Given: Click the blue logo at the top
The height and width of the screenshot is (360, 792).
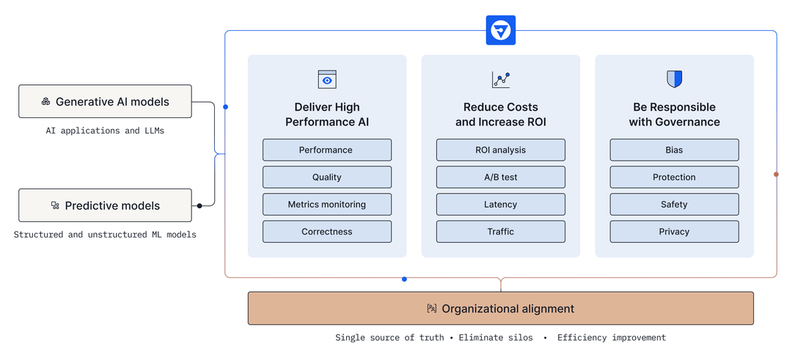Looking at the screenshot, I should [x=500, y=31].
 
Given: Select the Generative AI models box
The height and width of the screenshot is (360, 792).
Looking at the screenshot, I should [x=105, y=101].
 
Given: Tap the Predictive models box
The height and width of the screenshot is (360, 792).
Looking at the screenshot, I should [x=105, y=205].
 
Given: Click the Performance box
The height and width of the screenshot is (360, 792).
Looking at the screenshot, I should [x=326, y=150].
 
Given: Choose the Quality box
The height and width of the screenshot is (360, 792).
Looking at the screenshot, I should [x=326, y=177].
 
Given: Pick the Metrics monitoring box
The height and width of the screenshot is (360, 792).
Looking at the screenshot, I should [x=326, y=204].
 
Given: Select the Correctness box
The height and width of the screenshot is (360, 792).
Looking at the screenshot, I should [x=326, y=232].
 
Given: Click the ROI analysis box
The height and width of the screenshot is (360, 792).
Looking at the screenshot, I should [x=500, y=150].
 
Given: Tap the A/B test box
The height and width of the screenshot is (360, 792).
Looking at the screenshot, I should [x=500, y=177].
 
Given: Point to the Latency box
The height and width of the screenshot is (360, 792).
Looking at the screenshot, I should [x=500, y=204].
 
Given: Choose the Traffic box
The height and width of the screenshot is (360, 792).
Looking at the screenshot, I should [x=500, y=232].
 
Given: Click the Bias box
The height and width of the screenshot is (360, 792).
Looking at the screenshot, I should [x=674, y=150].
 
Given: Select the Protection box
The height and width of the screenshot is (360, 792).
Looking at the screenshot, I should [x=674, y=177].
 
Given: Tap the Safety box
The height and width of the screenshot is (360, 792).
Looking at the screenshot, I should [x=674, y=204].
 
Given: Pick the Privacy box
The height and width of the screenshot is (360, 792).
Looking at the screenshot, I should [x=674, y=232].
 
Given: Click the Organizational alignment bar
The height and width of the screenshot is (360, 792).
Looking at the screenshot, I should [x=500, y=309].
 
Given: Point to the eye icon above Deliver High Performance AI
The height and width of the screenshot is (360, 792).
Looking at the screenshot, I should [x=327, y=79].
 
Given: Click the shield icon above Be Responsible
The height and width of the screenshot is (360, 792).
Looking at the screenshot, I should [x=674, y=79].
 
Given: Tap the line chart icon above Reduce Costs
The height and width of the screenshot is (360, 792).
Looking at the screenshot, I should [x=501, y=79].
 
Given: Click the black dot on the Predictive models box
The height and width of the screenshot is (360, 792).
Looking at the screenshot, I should [x=199, y=206].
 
